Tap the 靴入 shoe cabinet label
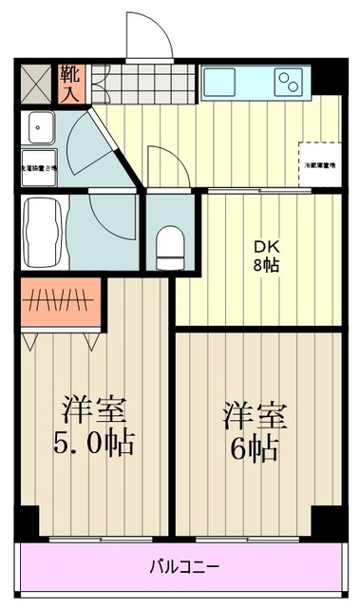point(69,83)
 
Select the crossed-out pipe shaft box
point(38,83)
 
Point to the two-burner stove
point(288,83)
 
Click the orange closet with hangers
point(61,303)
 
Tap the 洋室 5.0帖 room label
point(94,426)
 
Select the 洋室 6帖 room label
point(255,432)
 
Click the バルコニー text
point(181,568)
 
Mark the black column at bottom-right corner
point(328,521)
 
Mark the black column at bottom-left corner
point(28,522)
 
